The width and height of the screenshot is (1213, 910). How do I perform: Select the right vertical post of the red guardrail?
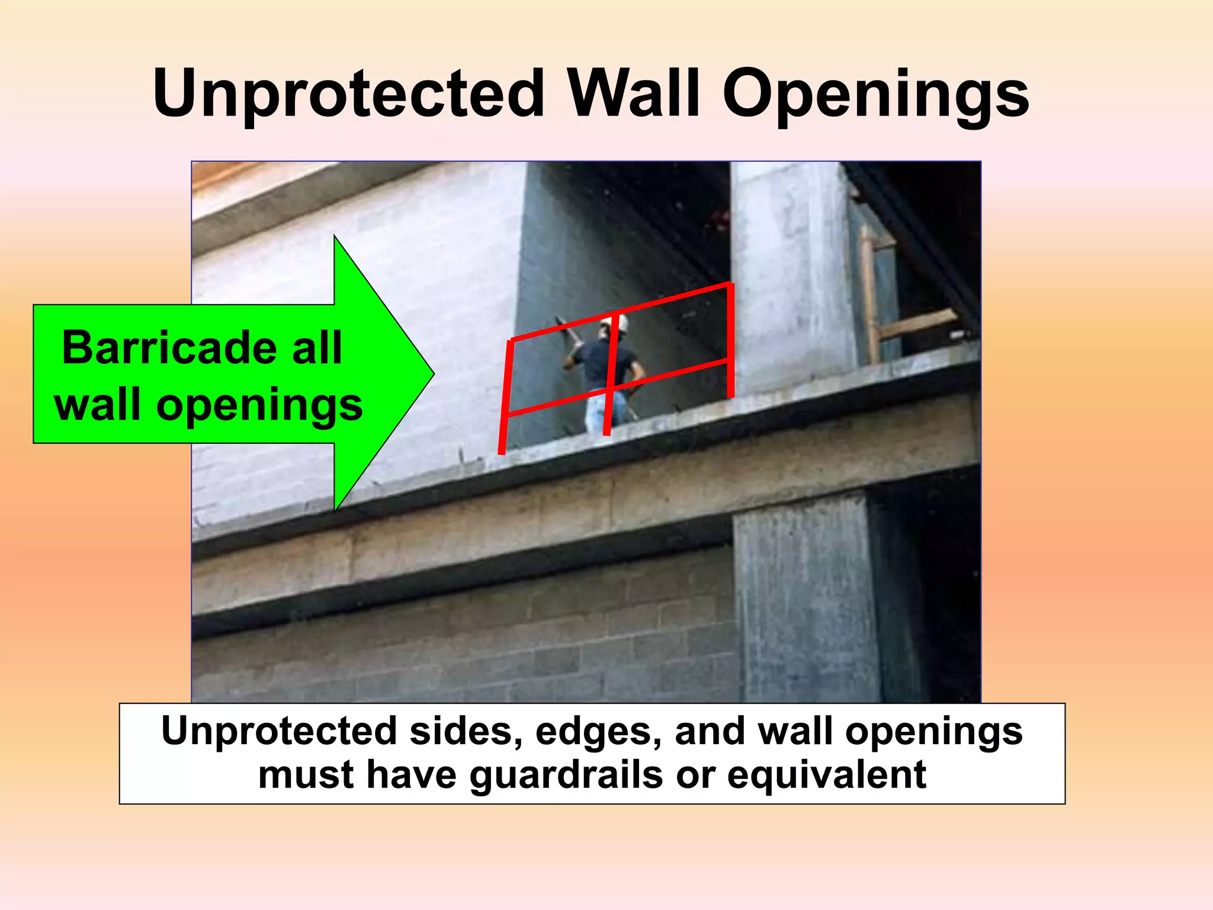[730, 341]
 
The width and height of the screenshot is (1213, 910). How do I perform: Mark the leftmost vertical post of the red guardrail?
[505, 397]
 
